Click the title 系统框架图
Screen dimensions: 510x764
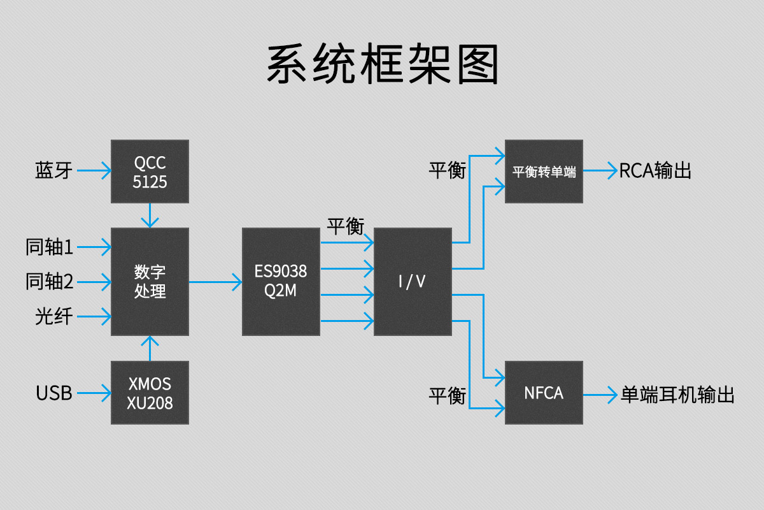tap(382, 64)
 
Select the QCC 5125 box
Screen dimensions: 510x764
tap(150, 171)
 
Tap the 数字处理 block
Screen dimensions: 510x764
tap(150, 281)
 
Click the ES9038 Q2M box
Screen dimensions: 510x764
tap(281, 281)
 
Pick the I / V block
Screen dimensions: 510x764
tap(413, 281)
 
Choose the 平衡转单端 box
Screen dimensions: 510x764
tap(544, 171)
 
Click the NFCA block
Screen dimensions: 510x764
tap(544, 393)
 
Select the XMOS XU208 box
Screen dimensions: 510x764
tap(150, 393)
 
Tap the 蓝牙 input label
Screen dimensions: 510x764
tap(53, 171)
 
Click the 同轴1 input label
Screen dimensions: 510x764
tap(50, 247)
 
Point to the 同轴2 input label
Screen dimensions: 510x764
tap(50, 281)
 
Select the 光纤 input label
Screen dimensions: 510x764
tap(53, 316)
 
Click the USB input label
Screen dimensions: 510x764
tap(54, 393)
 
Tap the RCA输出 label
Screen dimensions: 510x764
tap(655, 171)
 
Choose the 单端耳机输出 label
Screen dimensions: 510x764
tap(677, 394)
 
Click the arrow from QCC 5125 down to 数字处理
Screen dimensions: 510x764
tap(150, 215)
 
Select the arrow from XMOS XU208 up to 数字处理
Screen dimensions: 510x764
tap(150, 348)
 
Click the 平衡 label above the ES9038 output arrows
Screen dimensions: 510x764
tap(346, 226)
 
